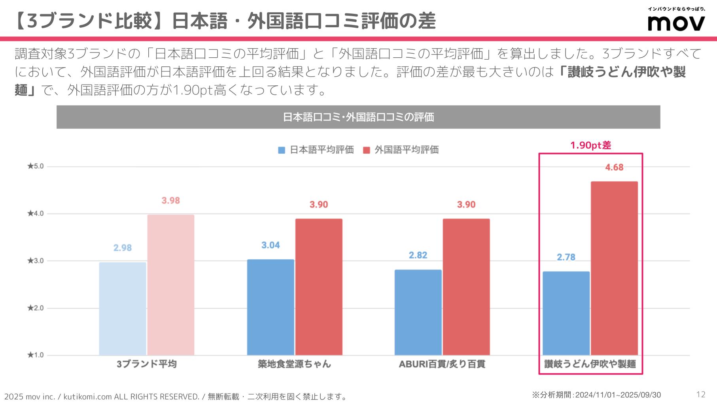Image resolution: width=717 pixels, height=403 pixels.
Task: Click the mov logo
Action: pyautogui.click(x=676, y=23)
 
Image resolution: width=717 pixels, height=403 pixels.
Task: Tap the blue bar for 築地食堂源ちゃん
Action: pyautogui.click(x=271, y=307)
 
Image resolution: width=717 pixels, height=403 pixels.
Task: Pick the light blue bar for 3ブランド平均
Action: pyautogui.click(x=123, y=308)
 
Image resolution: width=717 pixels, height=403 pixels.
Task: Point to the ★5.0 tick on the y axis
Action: pyautogui.click(x=36, y=166)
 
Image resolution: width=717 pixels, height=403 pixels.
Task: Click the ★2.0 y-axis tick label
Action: pyautogui.click(x=36, y=308)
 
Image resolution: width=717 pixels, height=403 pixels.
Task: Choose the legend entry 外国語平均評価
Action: pyautogui.click(x=401, y=150)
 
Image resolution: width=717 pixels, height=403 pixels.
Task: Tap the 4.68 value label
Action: pyautogui.click(x=614, y=168)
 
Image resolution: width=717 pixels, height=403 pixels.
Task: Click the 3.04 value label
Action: pyautogui.click(x=271, y=245)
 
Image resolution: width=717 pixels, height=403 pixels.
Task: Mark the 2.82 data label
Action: pyautogui.click(x=418, y=255)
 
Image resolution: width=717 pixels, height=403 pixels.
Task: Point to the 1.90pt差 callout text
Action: pyautogui.click(x=590, y=145)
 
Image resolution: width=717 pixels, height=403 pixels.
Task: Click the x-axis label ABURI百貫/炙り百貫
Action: pyautogui.click(x=442, y=364)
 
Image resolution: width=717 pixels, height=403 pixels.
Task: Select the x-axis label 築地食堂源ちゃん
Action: pyautogui.click(x=294, y=364)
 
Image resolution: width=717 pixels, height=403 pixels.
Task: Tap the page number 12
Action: pyautogui.click(x=701, y=394)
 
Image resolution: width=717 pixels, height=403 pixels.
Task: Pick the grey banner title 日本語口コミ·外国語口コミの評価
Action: pyautogui.click(x=358, y=117)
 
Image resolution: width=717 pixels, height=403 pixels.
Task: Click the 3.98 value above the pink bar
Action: pyautogui.click(x=171, y=201)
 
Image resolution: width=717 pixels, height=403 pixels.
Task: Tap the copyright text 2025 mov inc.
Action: pyautogui.click(x=30, y=396)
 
